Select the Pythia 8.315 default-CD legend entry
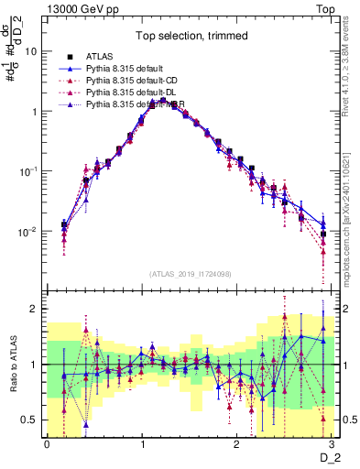click(134, 81)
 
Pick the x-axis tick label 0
click(47, 444)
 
